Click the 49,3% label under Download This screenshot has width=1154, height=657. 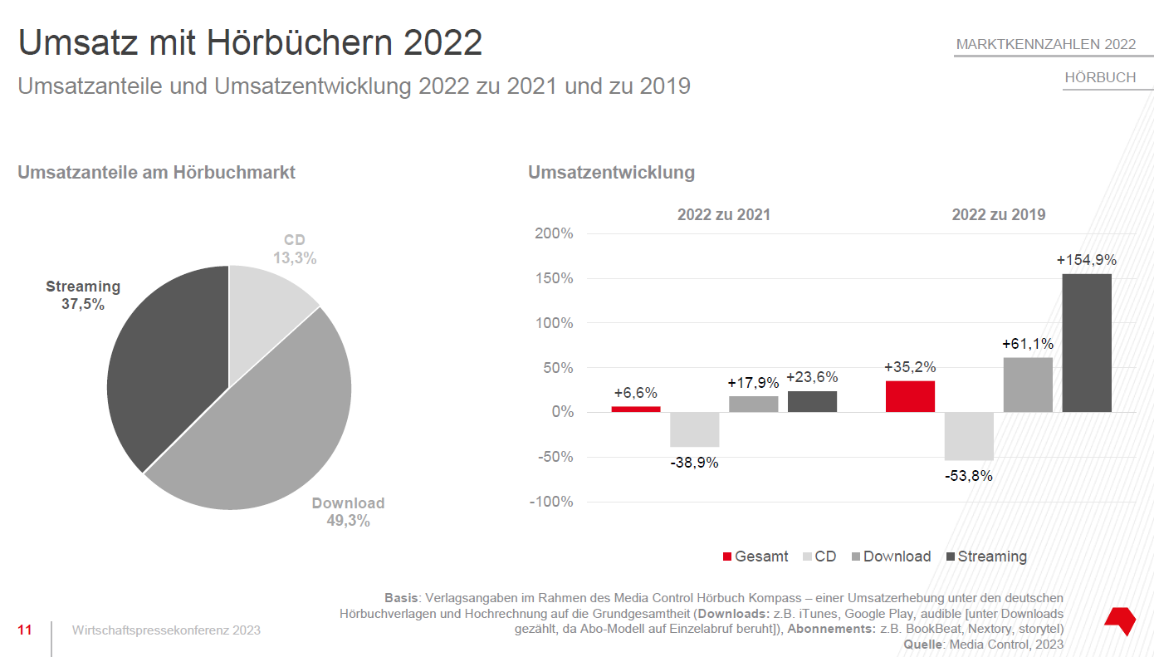pos(348,521)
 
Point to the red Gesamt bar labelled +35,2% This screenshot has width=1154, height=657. pos(910,396)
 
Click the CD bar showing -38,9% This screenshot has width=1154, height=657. pos(694,429)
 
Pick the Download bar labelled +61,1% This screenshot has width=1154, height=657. pos(1028,385)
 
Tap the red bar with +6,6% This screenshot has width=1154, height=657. pos(636,409)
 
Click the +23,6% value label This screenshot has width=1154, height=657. pos(812,377)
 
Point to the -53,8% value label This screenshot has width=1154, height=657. pos(968,476)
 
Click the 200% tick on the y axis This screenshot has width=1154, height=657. pos(554,233)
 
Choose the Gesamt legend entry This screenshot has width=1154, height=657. pos(755,556)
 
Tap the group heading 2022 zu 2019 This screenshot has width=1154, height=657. pos(998,214)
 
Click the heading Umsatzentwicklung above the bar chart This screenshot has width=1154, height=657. pos(611,173)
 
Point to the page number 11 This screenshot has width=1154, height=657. pos(25,630)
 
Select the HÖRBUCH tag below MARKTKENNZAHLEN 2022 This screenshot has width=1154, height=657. pos(1100,77)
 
